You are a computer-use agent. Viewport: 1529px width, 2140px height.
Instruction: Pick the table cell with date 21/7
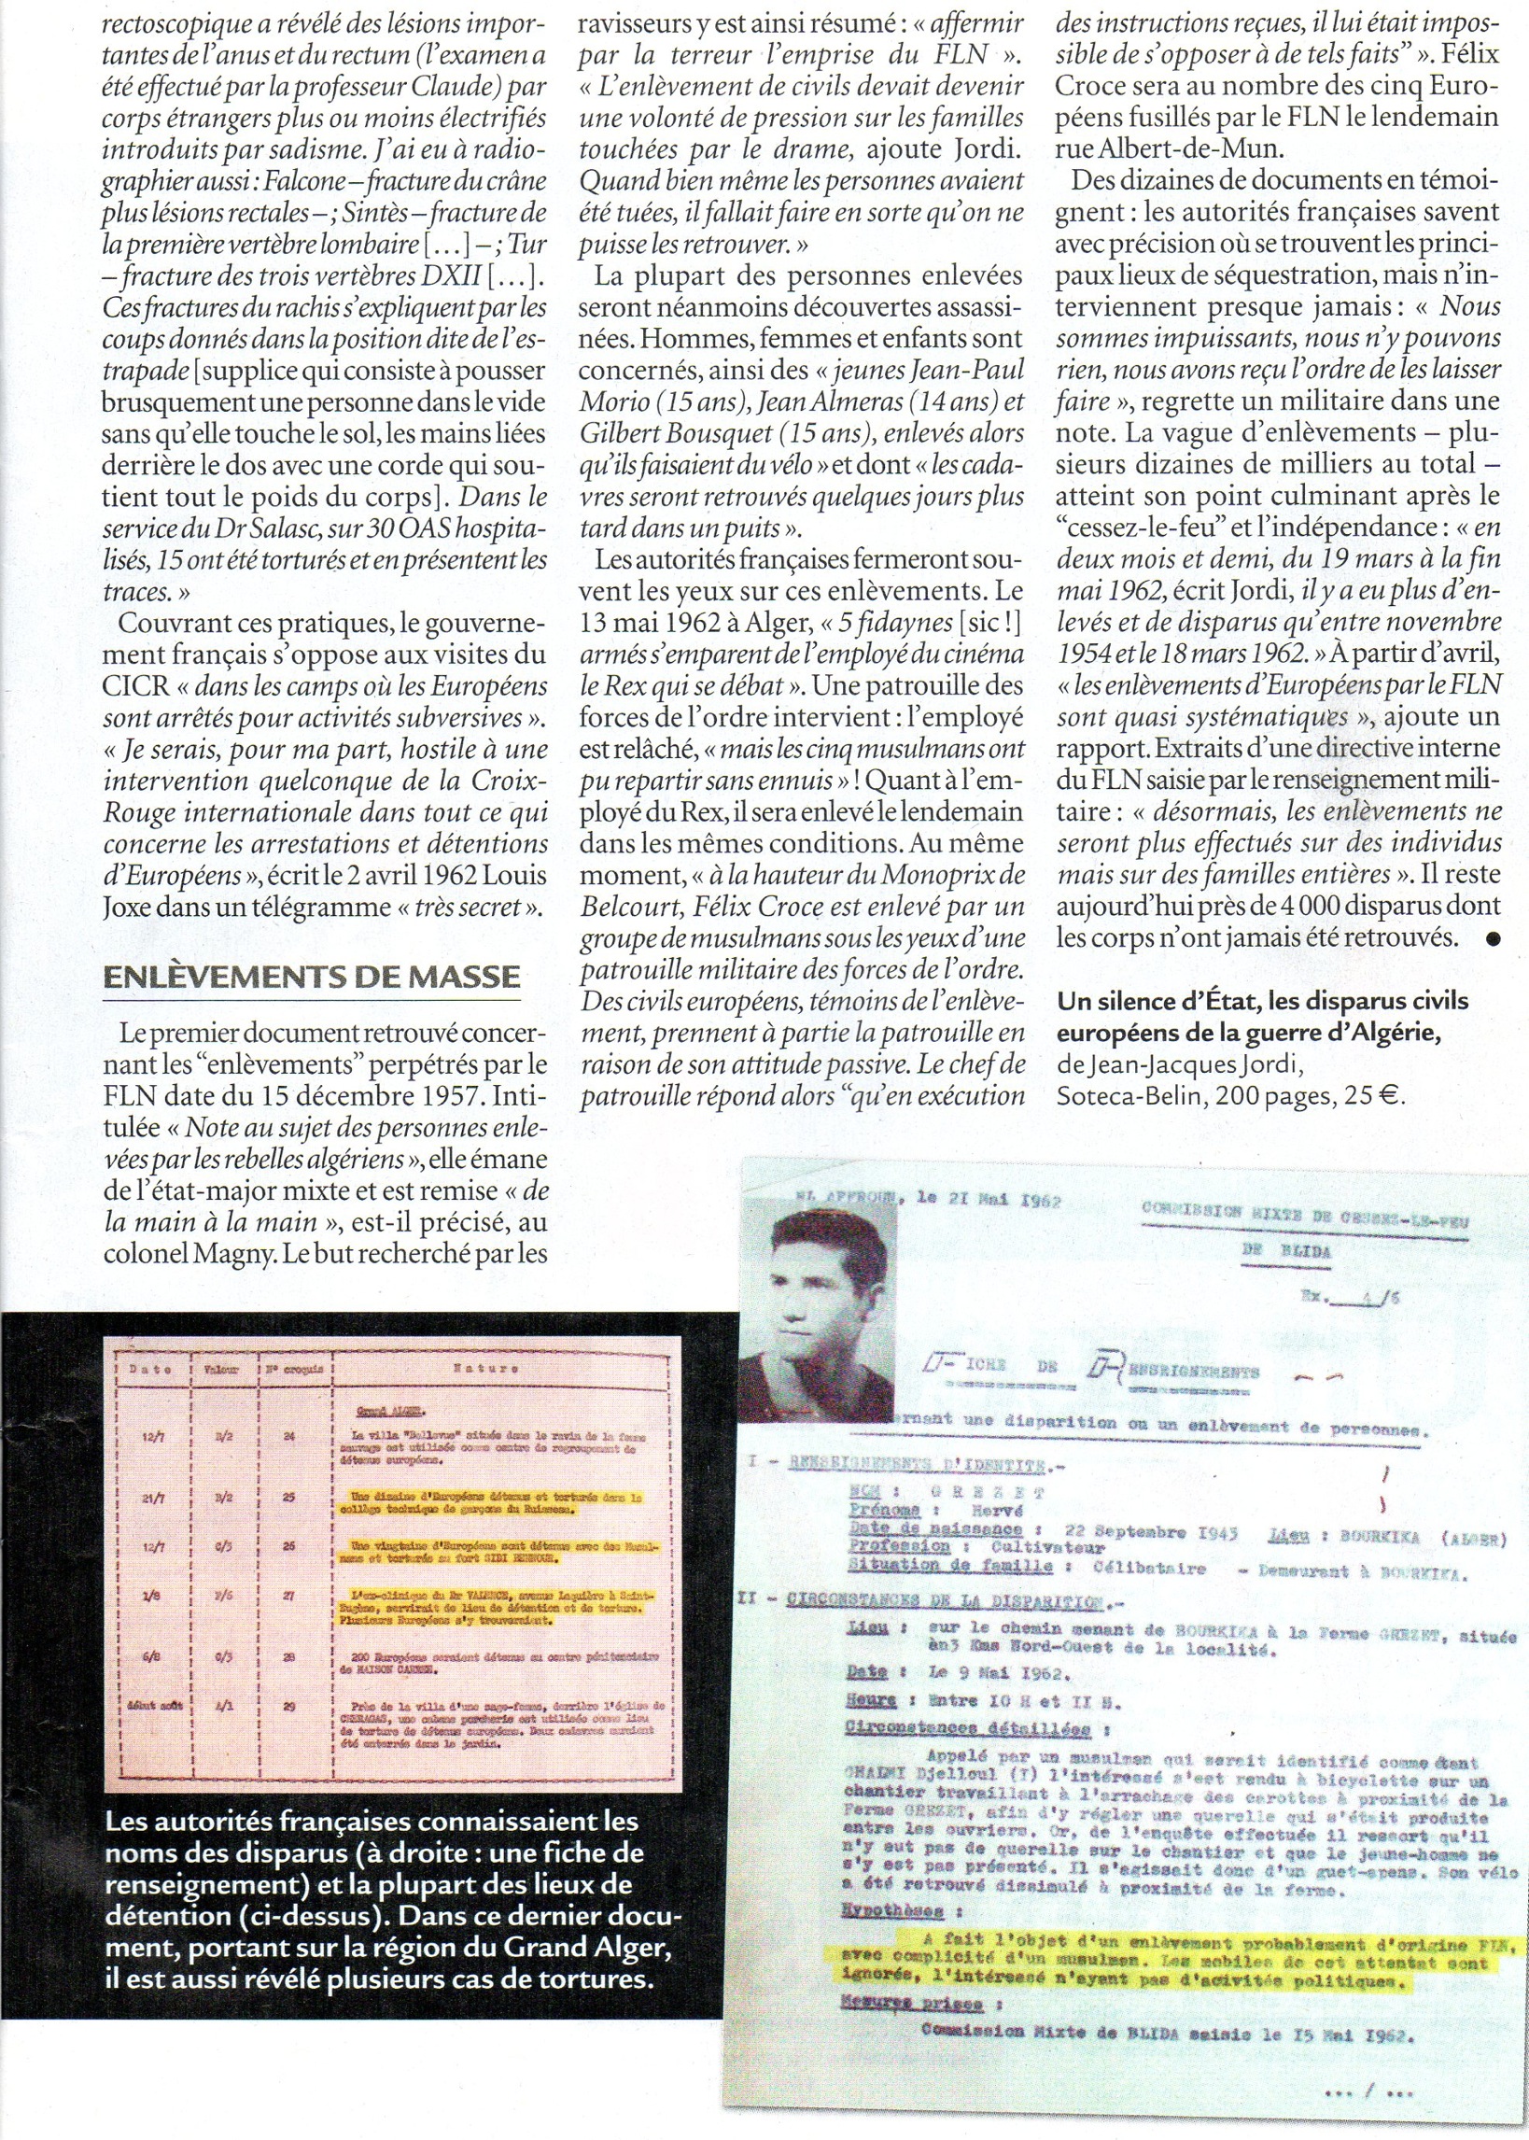(x=153, y=1498)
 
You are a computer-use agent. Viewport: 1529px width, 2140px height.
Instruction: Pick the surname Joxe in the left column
(x=130, y=907)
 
